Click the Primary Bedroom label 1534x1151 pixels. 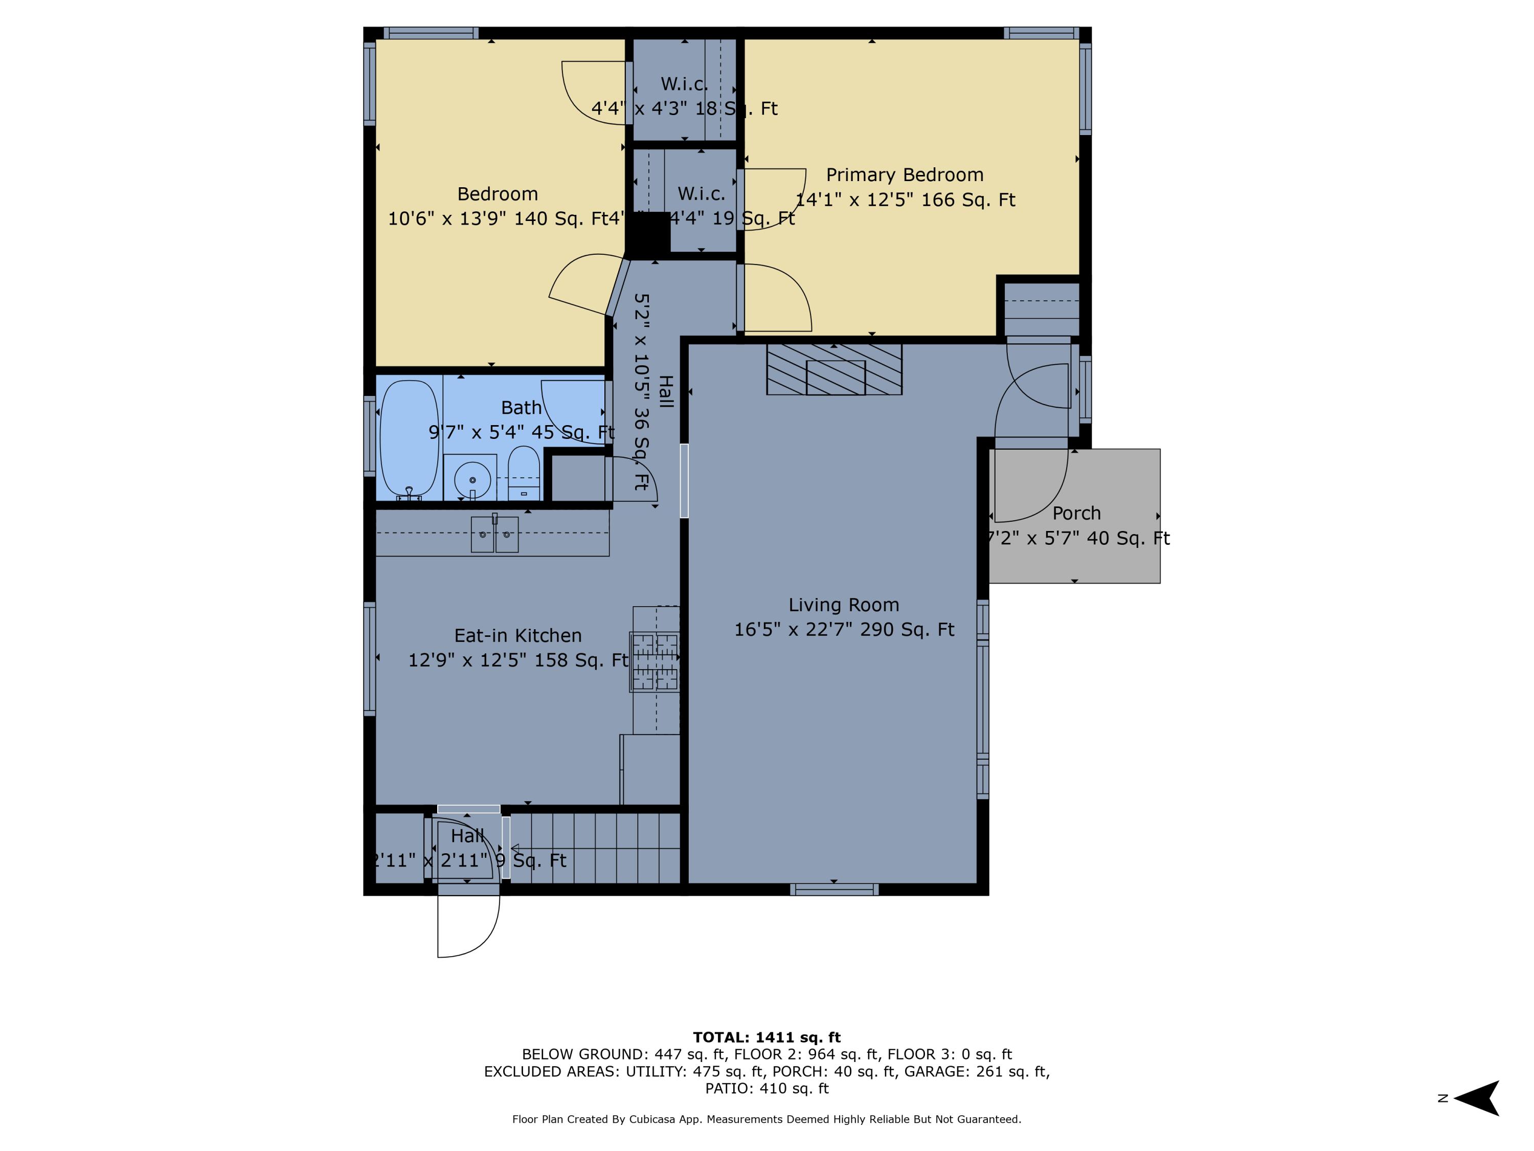coord(905,175)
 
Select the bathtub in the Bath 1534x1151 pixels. coord(410,438)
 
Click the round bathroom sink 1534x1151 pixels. coord(472,479)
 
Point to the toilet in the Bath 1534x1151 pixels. coord(524,473)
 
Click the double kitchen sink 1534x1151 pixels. coord(494,535)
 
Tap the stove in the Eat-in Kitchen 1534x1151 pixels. coord(655,661)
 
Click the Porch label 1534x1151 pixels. coord(1076,514)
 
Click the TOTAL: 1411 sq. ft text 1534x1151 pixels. coord(766,1037)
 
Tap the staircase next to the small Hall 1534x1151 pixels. coord(595,848)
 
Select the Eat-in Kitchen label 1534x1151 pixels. coord(517,635)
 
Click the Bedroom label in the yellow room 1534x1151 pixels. coord(497,193)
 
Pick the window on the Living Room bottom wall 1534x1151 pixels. coord(834,890)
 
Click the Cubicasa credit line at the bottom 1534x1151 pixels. coord(766,1119)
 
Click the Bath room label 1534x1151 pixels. coord(521,408)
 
